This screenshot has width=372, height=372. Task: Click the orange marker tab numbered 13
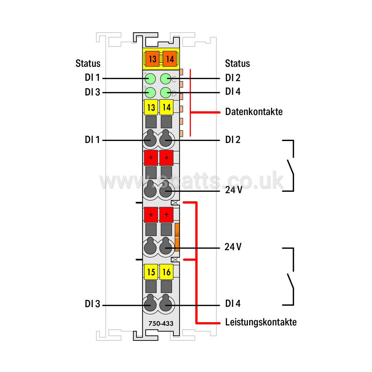click(x=152, y=59)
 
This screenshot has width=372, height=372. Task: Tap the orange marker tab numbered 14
click(x=170, y=59)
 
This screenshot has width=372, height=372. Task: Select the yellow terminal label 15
click(x=151, y=272)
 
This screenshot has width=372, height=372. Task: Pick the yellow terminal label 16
click(x=166, y=272)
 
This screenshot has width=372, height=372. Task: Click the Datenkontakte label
click(x=254, y=112)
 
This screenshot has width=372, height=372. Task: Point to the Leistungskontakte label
click(x=261, y=322)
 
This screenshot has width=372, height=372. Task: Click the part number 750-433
click(x=161, y=323)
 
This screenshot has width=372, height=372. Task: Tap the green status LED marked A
click(x=150, y=79)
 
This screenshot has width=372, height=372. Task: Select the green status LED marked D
click(x=165, y=93)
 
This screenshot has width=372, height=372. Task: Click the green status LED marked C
click(x=165, y=79)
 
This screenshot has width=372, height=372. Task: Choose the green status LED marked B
click(x=150, y=93)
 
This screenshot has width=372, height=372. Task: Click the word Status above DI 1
click(x=88, y=63)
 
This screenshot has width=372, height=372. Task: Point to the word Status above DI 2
click(x=237, y=63)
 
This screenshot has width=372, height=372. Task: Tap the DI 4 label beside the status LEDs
click(x=233, y=91)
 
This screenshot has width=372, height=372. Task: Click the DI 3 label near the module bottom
click(x=93, y=304)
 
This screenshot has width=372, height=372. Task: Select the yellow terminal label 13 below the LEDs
click(x=151, y=107)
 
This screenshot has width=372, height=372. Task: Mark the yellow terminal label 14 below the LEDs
click(x=166, y=107)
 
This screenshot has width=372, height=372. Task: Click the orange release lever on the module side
click(x=177, y=237)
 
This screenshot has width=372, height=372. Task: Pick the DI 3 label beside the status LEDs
click(x=93, y=92)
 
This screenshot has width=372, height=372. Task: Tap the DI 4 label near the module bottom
click(x=233, y=304)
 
